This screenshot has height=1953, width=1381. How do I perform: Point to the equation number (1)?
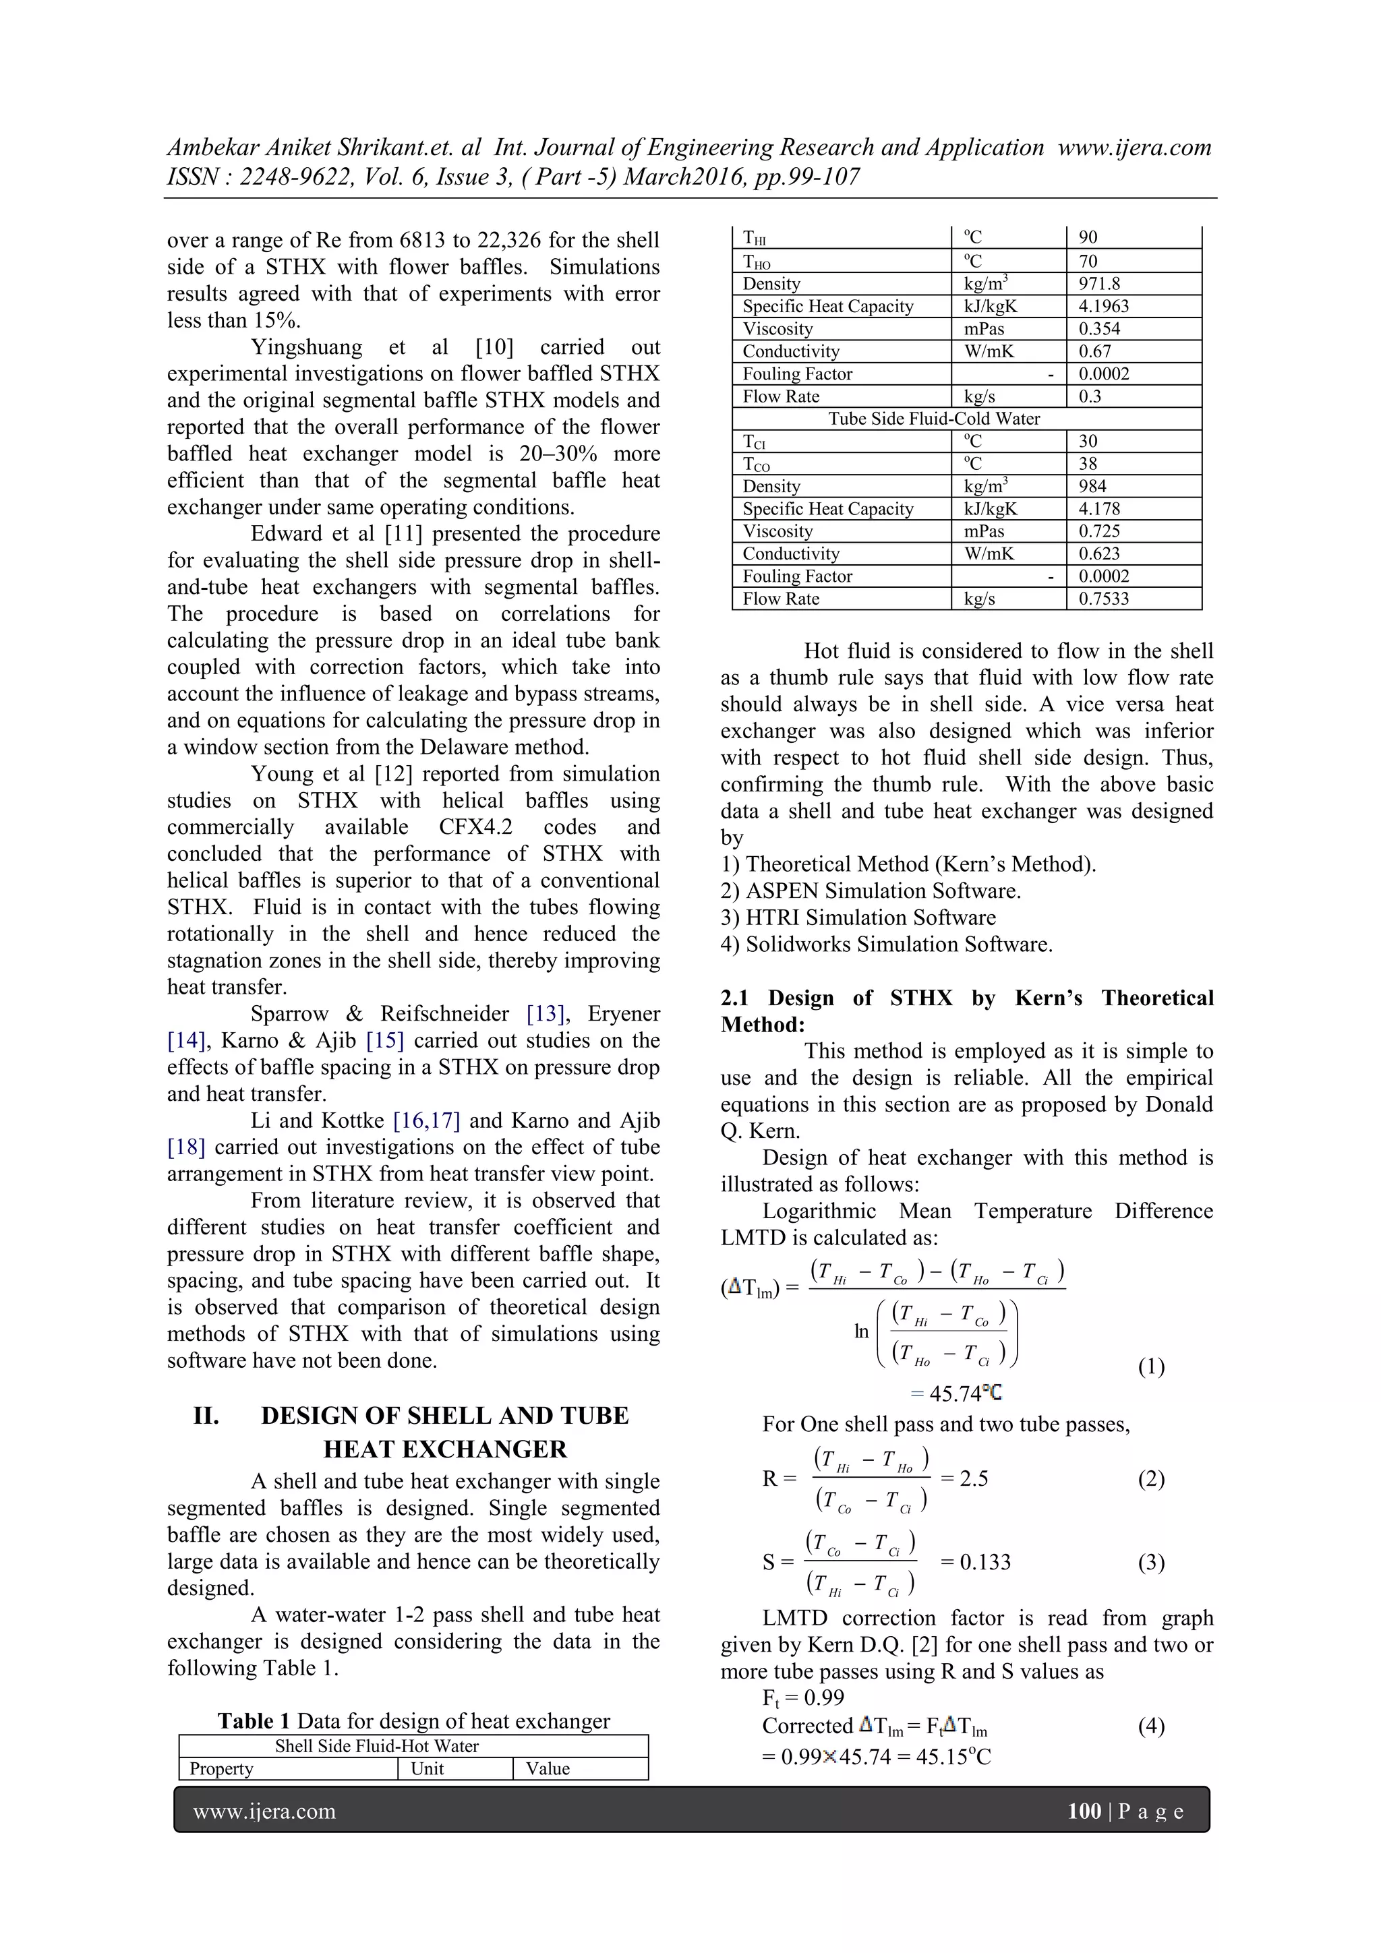[1150, 1367]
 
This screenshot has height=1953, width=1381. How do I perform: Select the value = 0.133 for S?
[975, 1562]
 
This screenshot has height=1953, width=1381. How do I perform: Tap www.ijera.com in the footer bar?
[264, 1812]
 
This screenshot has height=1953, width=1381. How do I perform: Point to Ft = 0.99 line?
[802, 1697]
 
